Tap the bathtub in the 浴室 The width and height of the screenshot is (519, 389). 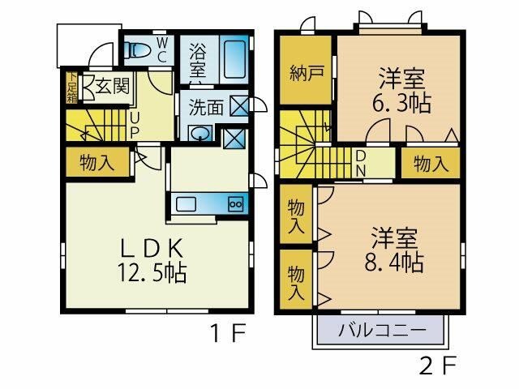pos(234,59)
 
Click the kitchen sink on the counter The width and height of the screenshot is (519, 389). pos(186,203)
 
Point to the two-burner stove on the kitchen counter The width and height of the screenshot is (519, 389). pos(236,203)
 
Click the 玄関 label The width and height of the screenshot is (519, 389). pos(112,87)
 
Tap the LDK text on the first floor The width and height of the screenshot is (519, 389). pos(152,249)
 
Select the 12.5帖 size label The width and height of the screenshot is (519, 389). pos(152,272)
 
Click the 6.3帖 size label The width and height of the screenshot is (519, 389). pos(401,103)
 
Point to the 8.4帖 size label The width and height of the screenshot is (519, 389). pos(394,262)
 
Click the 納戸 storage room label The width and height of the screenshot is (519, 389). pos(307,73)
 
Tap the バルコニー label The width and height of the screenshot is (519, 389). pos(381,330)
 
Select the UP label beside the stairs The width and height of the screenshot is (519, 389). pos(134,126)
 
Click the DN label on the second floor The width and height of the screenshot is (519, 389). pos(360,164)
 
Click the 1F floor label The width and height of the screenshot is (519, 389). pos(229,333)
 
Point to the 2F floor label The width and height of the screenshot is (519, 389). pos(438,365)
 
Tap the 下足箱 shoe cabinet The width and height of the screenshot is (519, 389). pos(71,88)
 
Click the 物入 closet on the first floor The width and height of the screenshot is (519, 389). pos(97,162)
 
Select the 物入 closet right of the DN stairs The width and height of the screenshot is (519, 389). pos(431,164)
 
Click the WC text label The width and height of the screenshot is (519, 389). pos(162,50)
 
